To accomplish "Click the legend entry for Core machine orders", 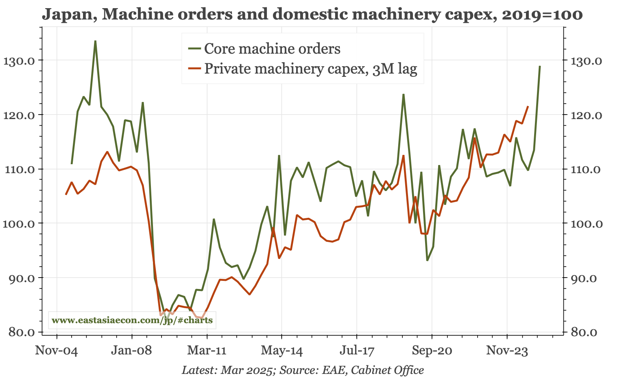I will pyautogui.click(x=272, y=49).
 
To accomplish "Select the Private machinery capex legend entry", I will pyautogui.click(x=310, y=69).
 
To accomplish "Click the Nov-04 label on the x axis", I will pyautogui.click(x=56, y=350).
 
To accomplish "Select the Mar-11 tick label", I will pyautogui.click(x=207, y=350).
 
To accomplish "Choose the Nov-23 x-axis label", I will pyautogui.click(x=507, y=350).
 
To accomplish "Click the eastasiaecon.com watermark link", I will pyautogui.click(x=132, y=320).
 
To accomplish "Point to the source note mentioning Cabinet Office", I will pyautogui.click(x=303, y=370).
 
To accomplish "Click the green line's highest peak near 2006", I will pyautogui.click(x=95, y=41).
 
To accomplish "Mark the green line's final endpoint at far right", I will pyautogui.click(x=540, y=66).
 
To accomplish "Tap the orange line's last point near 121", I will pyautogui.click(x=528, y=106).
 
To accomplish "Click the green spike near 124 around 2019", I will pyautogui.click(x=403, y=94).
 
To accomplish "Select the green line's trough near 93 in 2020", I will pyautogui.click(x=427, y=260).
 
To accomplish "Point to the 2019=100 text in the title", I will pyautogui.click(x=542, y=15).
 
